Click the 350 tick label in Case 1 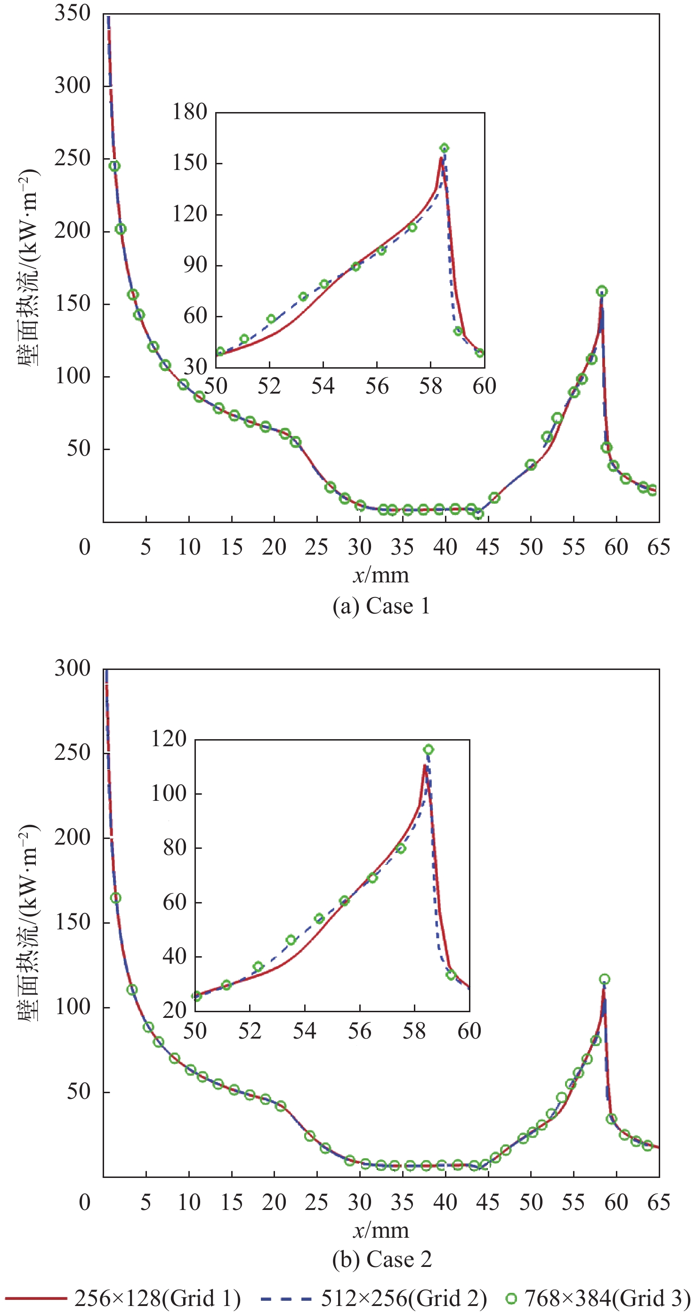click(x=73, y=14)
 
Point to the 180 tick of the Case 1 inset click(x=189, y=112)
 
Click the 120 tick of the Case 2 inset click(x=169, y=739)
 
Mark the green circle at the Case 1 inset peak click(x=444, y=148)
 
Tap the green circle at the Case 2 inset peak click(x=428, y=750)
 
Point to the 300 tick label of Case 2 click(x=73, y=669)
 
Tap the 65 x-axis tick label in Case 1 click(x=658, y=548)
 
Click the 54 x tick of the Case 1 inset click(x=323, y=386)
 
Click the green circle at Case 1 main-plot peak click(x=602, y=292)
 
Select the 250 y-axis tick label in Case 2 click(x=73, y=753)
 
